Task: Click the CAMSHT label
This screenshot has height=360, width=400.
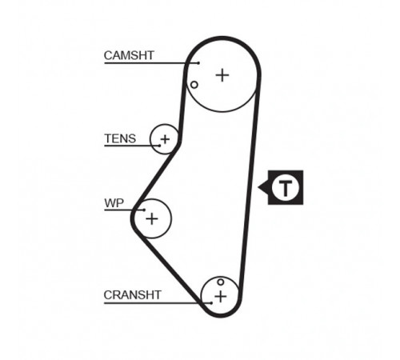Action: [x=129, y=55]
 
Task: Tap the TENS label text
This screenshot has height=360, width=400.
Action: [x=120, y=138]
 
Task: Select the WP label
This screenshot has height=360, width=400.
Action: [x=114, y=203]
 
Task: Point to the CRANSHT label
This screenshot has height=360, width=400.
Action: [x=132, y=295]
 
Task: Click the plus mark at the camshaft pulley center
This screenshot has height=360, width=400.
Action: [x=222, y=75]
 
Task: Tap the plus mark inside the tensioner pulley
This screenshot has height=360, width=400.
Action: [x=165, y=139]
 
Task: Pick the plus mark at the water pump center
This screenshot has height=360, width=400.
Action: [x=152, y=219]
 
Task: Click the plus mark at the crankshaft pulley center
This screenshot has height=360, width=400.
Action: [x=221, y=297]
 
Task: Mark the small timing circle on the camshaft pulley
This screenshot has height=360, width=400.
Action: [x=194, y=85]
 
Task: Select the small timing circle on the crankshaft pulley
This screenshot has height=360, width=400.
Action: [x=220, y=282]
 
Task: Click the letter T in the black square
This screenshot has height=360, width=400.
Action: [x=286, y=187]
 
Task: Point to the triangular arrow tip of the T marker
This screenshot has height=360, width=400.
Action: [x=258, y=187]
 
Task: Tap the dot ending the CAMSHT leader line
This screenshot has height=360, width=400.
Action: [x=198, y=63]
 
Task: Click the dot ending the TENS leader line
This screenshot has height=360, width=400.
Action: [x=159, y=146]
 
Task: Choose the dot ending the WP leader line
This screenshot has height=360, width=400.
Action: [x=144, y=210]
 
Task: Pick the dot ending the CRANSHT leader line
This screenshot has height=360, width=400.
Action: [x=211, y=303]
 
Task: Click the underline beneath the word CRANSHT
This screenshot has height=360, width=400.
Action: [x=158, y=303]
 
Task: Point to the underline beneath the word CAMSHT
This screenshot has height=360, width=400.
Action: [x=151, y=63]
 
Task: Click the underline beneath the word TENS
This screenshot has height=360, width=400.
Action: [x=132, y=146]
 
